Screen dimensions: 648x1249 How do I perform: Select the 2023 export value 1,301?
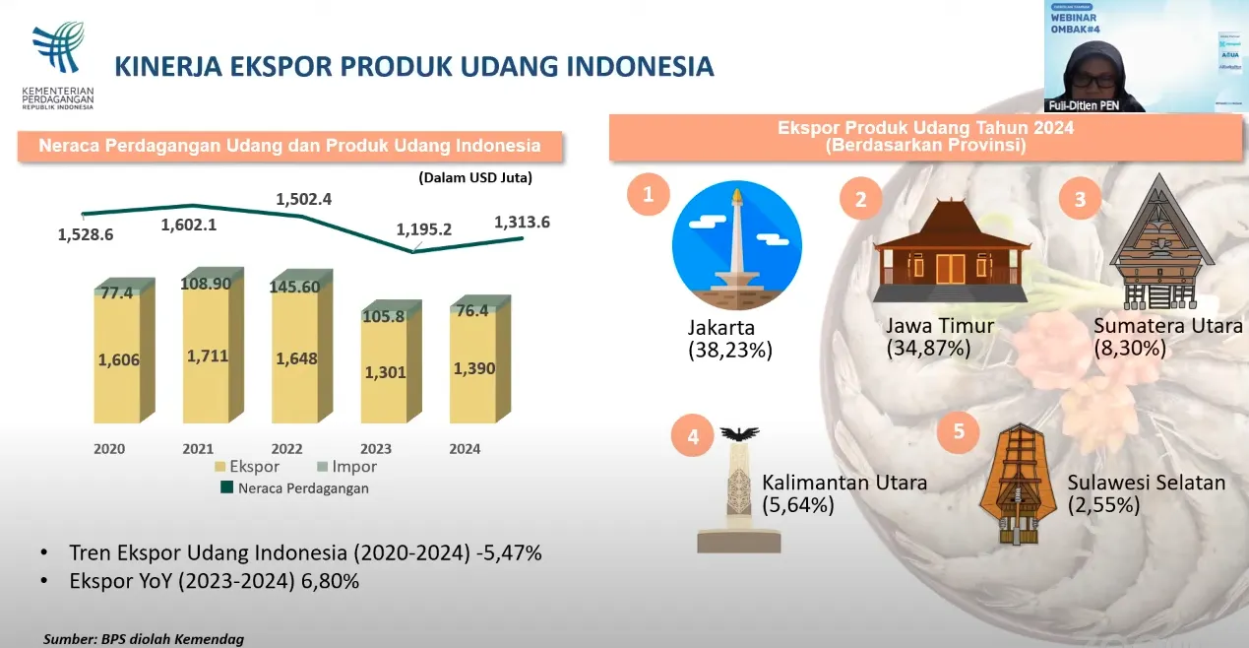click(x=383, y=372)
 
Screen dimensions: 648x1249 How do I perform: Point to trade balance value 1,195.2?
click(x=424, y=229)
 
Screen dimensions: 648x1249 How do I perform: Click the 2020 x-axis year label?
click(x=109, y=449)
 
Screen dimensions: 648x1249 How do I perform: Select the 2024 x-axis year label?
click(x=465, y=449)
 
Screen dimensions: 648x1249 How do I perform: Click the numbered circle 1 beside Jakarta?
click(x=648, y=195)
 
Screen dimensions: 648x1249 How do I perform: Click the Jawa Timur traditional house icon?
click(x=950, y=251)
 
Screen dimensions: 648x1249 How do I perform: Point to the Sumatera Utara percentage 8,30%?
click(x=1130, y=348)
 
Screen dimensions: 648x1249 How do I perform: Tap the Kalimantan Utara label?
click(x=844, y=484)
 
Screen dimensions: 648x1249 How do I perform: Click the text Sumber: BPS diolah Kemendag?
click(x=144, y=639)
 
